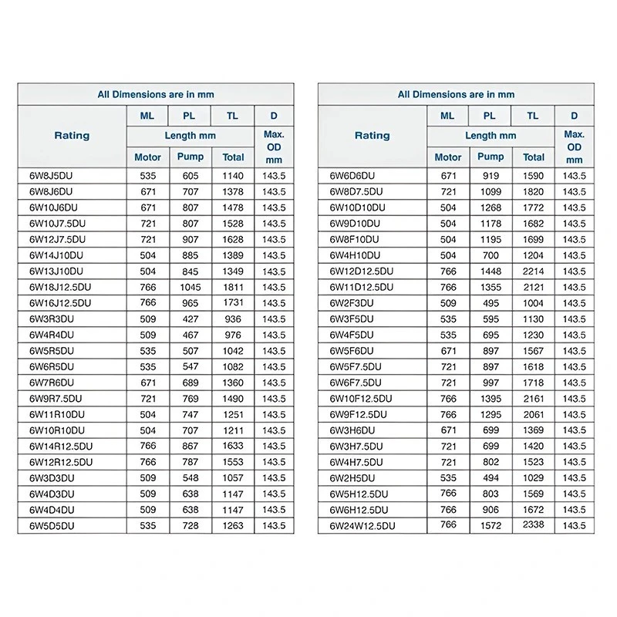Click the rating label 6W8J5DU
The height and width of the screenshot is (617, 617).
point(51,176)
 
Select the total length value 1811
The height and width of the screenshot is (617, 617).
point(232,287)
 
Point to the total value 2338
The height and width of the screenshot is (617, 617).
point(533,525)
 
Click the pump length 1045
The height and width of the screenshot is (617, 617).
point(190,287)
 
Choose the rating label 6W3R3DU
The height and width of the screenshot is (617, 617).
point(52,319)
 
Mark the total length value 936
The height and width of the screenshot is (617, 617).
point(232,319)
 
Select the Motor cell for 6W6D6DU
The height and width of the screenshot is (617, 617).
point(448,176)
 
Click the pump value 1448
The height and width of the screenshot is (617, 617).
point(491,271)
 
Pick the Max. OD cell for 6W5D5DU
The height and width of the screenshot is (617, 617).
point(274,526)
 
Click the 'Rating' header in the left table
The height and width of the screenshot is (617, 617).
point(72,136)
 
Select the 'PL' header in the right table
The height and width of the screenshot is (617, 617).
point(490,116)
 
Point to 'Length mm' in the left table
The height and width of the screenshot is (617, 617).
point(190,135)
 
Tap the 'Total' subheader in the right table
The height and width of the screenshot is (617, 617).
point(533,157)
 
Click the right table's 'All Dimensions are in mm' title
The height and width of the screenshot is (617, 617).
point(456,94)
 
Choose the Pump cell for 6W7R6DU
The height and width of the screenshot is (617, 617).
point(190,383)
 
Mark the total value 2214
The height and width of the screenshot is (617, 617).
point(533,271)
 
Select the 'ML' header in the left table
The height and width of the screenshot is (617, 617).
point(147,116)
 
